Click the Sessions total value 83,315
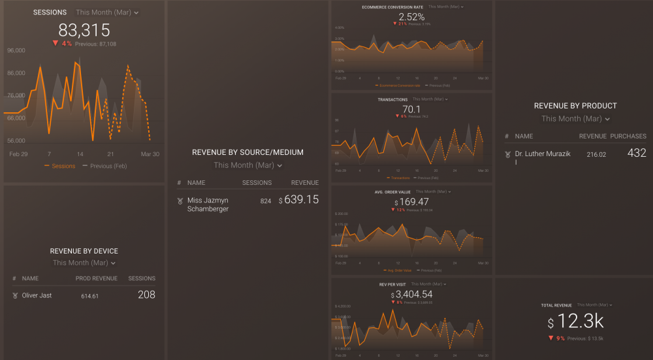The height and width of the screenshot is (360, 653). click(84, 29)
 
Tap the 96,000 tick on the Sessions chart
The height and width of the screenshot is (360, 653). click(16, 50)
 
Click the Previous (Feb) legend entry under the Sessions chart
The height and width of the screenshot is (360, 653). click(108, 166)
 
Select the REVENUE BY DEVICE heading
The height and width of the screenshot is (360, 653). click(84, 251)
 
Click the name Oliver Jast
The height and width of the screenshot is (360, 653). click(37, 295)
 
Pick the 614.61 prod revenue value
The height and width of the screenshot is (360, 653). click(89, 296)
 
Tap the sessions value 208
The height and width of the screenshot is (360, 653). click(146, 295)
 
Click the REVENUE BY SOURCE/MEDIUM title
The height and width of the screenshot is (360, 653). click(247, 152)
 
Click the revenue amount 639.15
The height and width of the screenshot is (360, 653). click(302, 199)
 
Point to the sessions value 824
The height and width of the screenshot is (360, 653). click(265, 201)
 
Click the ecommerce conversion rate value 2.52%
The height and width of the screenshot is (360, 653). click(411, 17)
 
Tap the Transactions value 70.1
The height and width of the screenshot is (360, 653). click(411, 109)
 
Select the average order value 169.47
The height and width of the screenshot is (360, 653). click(414, 202)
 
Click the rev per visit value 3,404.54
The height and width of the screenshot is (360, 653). click(414, 294)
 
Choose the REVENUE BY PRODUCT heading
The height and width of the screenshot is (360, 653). click(575, 106)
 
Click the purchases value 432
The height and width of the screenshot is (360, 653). click(636, 153)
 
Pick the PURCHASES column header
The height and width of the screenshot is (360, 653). click(628, 137)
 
